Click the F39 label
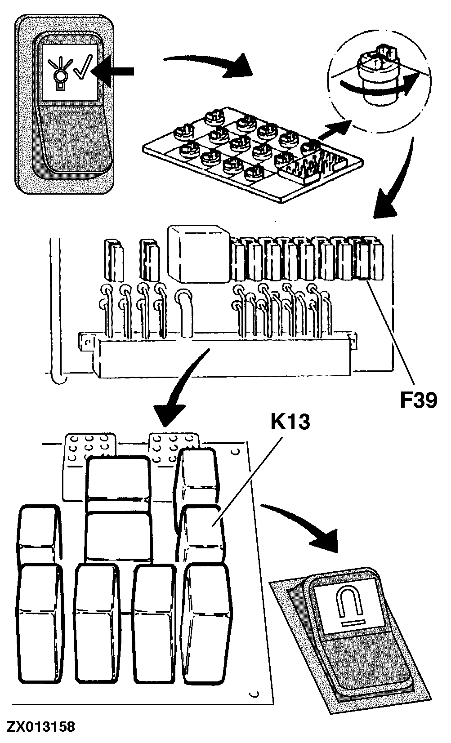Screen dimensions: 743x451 [x=418, y=400]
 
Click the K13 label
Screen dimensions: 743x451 [x=290, y=422]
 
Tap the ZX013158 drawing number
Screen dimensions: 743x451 [x=40, y=727]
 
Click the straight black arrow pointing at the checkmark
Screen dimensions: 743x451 [x=115, y=71]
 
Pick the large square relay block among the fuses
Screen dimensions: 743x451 [x=198, y=254]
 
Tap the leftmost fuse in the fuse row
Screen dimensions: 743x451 [x=112, y=259]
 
